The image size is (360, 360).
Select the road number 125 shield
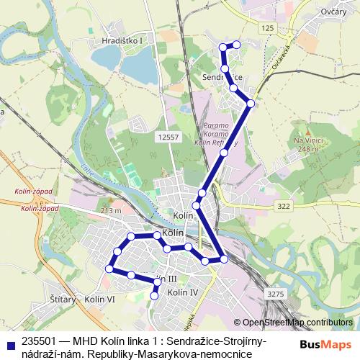click(268, 27)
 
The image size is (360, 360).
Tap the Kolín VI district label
click(99, 299)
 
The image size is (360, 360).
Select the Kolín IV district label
click(182, 292)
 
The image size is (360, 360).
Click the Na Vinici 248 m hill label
click(306, 144)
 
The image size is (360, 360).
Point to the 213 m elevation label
click(111, 211)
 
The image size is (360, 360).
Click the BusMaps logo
click(325, 345)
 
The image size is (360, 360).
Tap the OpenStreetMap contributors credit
click(297, 323)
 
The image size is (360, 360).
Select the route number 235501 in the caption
click(40, 341)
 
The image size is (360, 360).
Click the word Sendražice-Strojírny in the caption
click(220, 341)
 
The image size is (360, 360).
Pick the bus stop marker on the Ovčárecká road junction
click(250, 104)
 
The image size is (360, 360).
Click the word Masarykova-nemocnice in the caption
click(209, 354)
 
